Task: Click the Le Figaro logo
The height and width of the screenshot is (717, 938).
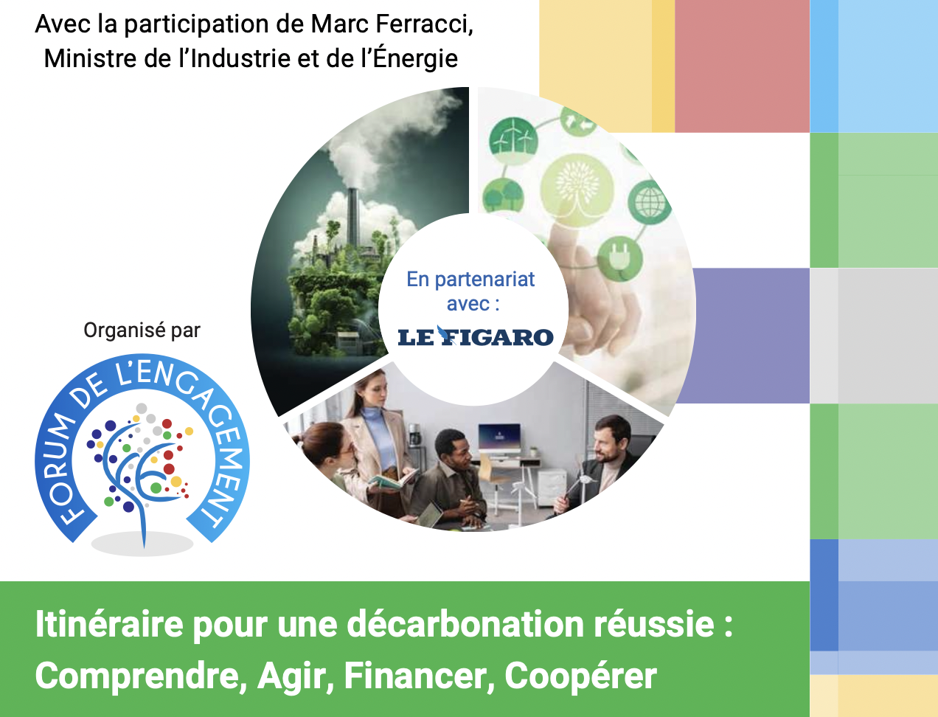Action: pyautogui.click(x=475, y=336)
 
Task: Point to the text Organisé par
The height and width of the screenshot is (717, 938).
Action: pyautogui.click(x=142, y=330)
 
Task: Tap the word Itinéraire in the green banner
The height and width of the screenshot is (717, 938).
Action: pyautogui.click(x=109, y=624)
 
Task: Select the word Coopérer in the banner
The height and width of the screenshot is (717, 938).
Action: pyautogui.click(x=580, y=676)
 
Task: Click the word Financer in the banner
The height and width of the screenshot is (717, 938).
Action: pyautogui.click(x=419, y=676)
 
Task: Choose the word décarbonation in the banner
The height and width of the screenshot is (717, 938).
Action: pyautogui.click(x=465, y=624)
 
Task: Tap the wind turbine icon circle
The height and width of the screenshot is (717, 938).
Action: pyautogui.click(x=513, y=136)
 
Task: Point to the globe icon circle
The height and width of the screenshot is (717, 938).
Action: pyautogui.click(x=649, y=202)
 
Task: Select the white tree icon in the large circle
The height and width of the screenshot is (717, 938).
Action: pyautogui.click(x=577, y=187)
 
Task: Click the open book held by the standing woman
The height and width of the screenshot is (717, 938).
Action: pyautogui.click(x=393, y=479)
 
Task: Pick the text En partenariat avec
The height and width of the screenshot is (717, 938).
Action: pyautogui.click(x=471, y=291)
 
